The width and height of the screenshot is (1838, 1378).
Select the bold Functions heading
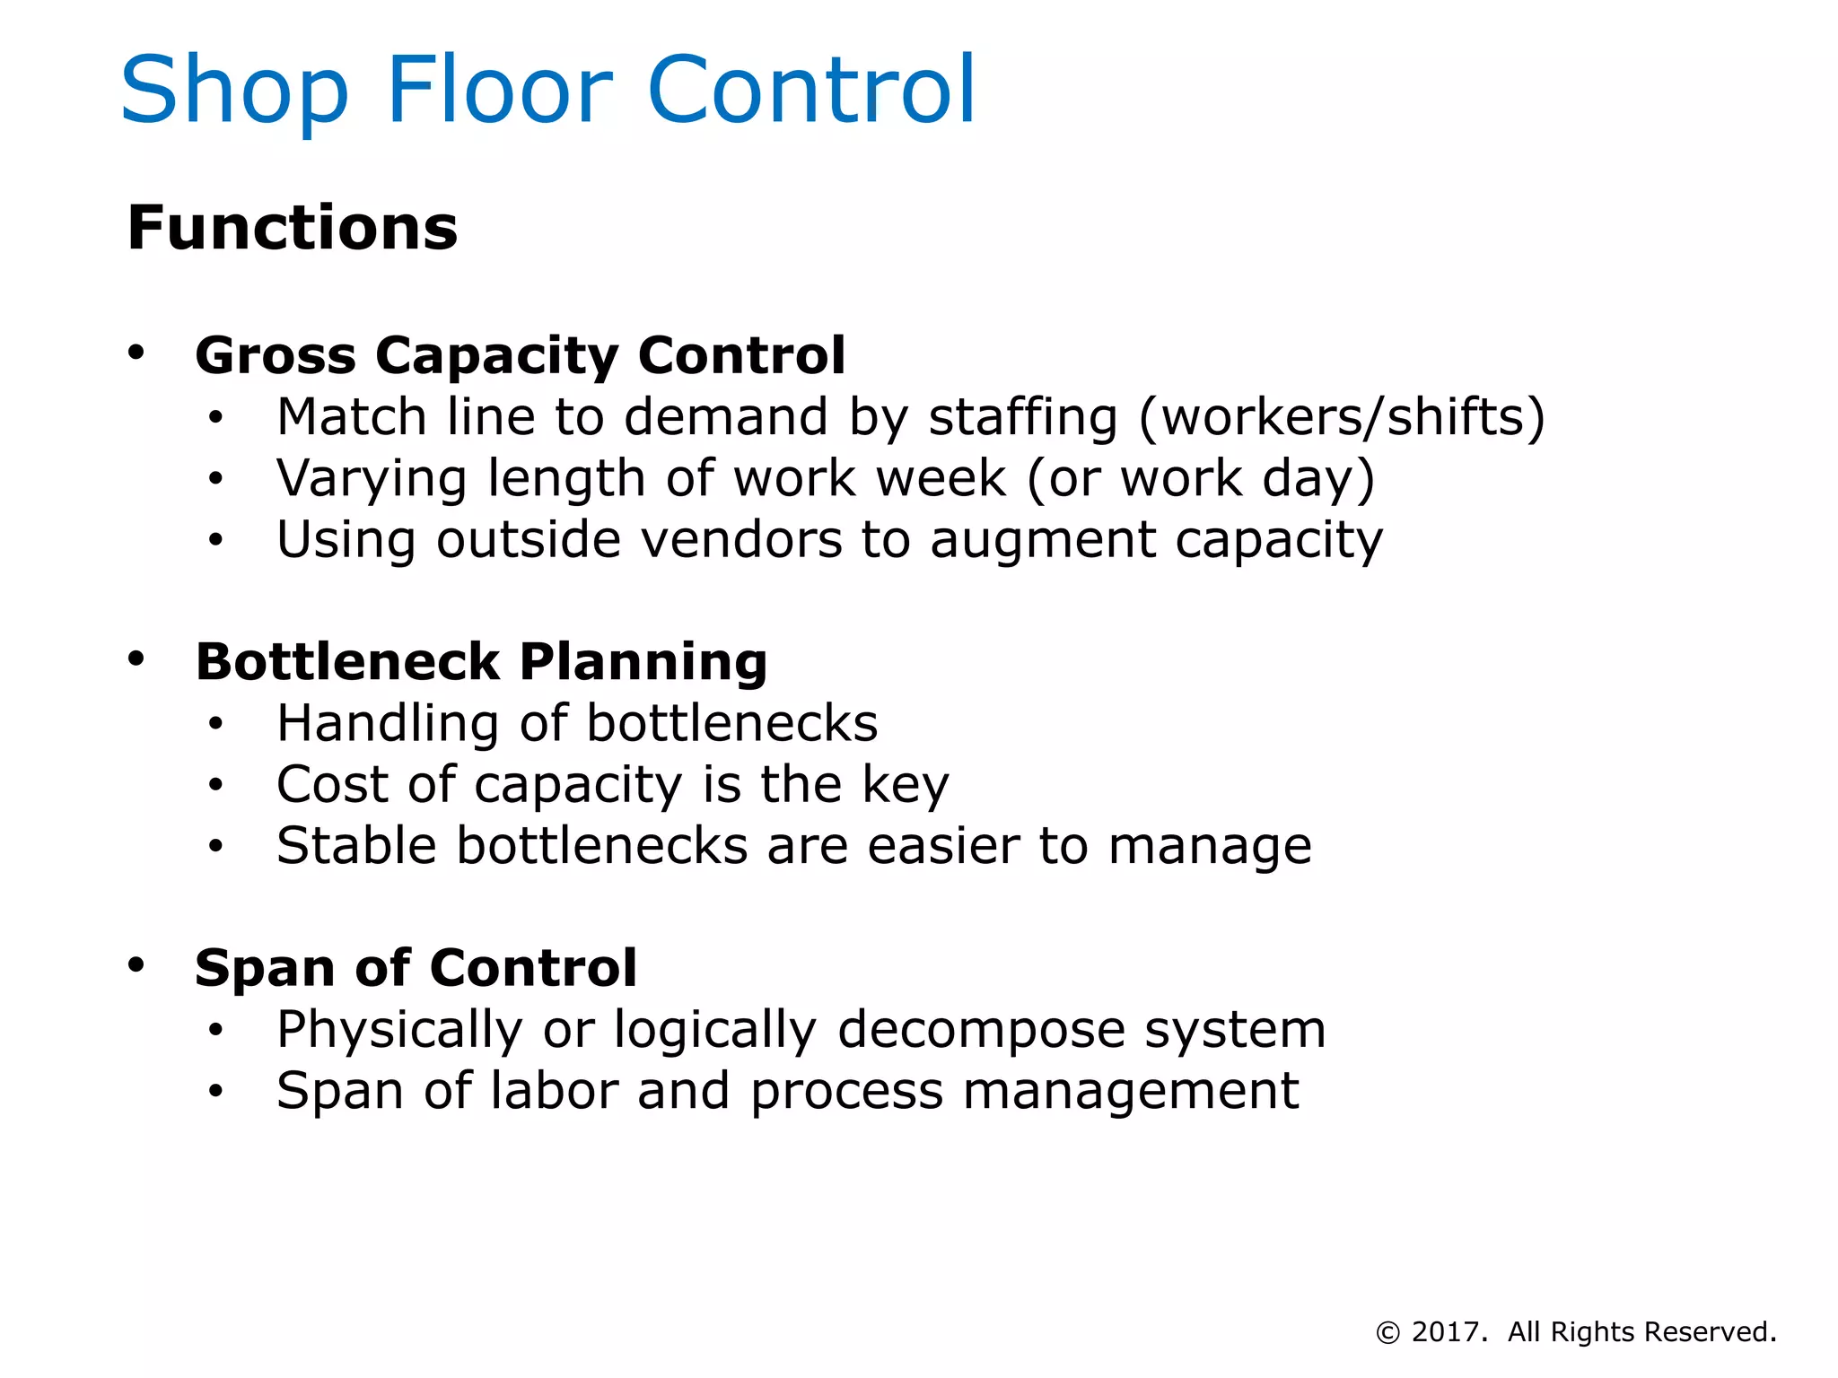(293, 228)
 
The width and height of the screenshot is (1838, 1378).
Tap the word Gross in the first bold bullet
(276, 355)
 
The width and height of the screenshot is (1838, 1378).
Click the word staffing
(1023, 418)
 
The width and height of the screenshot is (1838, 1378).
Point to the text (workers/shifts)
(1342, 418)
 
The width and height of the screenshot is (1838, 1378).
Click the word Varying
(372, 479)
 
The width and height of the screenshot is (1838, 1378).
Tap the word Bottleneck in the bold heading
(347, 662)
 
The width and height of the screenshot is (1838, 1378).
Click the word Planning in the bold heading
(643, 664)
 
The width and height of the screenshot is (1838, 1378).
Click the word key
(905, 786)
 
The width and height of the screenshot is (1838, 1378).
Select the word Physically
(399, 1030)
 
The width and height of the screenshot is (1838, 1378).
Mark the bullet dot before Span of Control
(136, 965)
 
